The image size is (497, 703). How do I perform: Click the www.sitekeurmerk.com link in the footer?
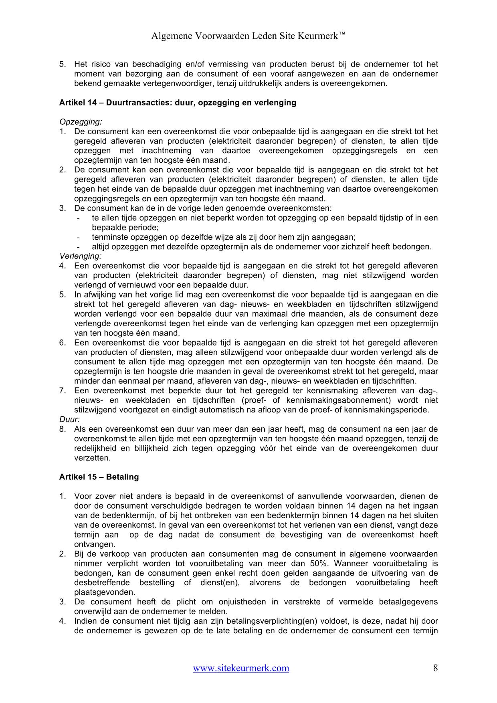click(241, 668)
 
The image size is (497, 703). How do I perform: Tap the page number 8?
click(435, 668)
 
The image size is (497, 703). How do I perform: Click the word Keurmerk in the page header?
click(319, 36)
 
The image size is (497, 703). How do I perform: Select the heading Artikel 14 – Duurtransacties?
click(178, 103)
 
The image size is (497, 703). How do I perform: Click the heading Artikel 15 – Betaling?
click(99, 477)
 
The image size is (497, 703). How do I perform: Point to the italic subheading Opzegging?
click(81, 122)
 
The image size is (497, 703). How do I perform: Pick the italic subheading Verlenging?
click(81, 256)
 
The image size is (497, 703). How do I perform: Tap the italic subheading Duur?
click(69, 419)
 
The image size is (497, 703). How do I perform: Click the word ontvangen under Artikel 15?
click(95, 544)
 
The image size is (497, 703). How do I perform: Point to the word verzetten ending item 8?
click(92, 458)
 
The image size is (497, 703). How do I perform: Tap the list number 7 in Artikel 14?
click(62, 390)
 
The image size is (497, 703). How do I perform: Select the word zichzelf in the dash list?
click(354, 246)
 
